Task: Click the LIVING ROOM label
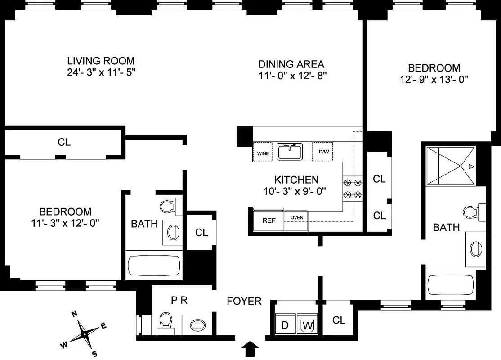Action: (x=101, y=61)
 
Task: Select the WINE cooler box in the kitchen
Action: (x=263, y=153)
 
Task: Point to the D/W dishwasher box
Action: (x=323, y=152)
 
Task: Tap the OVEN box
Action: (x=296, y=218)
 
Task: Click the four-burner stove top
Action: (x=353, y=189)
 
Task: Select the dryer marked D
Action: (x=285, y=325)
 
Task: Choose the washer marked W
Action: (x=308, y=325)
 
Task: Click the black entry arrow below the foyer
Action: (x=250, y=348)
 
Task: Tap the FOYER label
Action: (x=244, y=301)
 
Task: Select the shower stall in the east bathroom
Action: (x=450, y=166)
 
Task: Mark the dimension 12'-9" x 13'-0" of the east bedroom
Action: (x=434, y=80)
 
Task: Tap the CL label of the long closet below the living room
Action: (x=64, y=142)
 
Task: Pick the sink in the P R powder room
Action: (x=197, y=324)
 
